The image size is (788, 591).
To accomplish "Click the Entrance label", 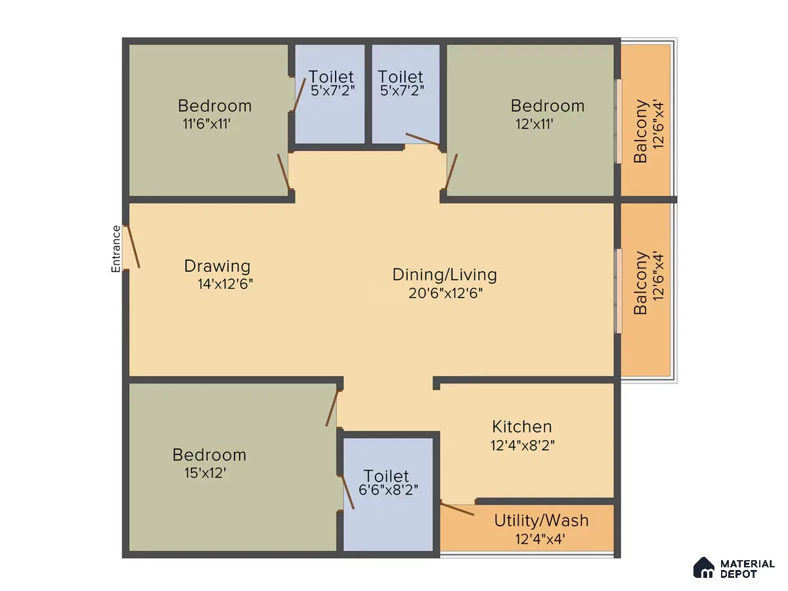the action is pos(116,249).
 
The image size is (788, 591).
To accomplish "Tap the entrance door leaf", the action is pos(133,246).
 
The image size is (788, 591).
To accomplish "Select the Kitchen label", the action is pos(521,427).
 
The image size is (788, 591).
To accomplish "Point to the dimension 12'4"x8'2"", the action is pos(522,445).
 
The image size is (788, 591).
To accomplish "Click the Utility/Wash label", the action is pos(541,521).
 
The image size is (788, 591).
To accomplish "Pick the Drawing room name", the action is pos(217,266).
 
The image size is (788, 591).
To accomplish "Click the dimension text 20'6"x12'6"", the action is pos(445,293).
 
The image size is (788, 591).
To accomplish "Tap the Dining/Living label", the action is pos(445,275).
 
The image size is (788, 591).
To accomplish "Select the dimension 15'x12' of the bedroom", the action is pos(206,473).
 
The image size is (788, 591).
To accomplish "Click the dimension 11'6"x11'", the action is pos(206,124).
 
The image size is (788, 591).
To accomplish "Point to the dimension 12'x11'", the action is pos(534,124).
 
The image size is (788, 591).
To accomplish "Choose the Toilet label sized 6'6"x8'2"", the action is pos(386,476).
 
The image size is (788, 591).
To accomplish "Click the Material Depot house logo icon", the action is pos(704,567).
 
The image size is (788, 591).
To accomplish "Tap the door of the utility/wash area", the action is pos(457,510).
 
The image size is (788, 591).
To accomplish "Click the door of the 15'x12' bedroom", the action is pos(332,408).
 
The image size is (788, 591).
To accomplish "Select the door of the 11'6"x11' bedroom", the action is pos(283,171).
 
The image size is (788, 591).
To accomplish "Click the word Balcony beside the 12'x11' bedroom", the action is pos(640,131).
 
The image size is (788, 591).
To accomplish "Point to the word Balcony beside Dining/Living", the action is pos(640,283).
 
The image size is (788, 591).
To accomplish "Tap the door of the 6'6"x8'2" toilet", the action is pos(347,492).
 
